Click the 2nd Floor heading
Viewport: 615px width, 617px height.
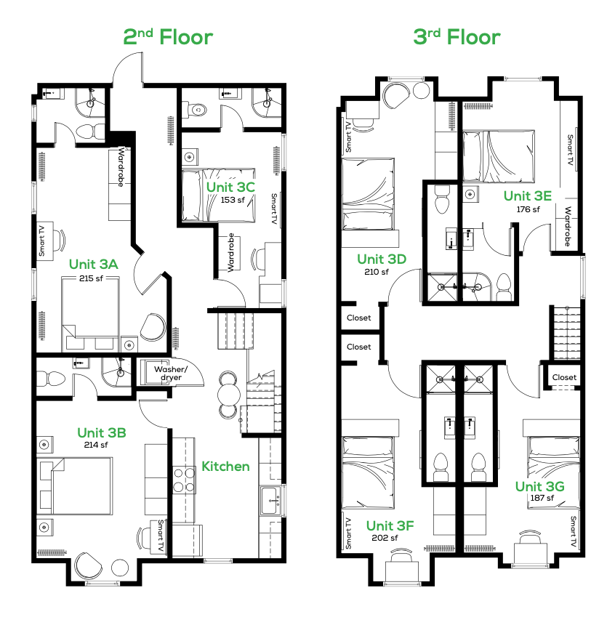click(168, 37)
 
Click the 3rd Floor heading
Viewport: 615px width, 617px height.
click(457, 37)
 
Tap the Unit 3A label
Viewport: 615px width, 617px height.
click(93, 264)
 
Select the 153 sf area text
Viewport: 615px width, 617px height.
click(233, 200)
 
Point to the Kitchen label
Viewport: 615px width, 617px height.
click(225, 467)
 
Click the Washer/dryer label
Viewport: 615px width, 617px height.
click(171, 373)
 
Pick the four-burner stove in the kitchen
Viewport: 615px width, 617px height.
click(184, 480)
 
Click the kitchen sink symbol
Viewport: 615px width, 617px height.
click(270, 501)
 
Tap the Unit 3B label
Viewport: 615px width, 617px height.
click(102, 433)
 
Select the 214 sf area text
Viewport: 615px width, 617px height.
click(96, 445)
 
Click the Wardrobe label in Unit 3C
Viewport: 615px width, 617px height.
click(231, 252)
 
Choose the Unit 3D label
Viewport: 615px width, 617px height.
click(382, 259)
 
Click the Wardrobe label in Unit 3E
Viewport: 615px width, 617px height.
click(568, 227)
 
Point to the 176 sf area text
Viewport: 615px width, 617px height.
click(528, 209)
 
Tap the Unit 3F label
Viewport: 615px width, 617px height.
click(390, 525)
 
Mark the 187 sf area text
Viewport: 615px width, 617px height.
click(542, 498)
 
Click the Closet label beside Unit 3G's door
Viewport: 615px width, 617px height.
click(564, 377)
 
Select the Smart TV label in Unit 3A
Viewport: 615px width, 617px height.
click(41, 241)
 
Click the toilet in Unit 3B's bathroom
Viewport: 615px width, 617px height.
click(51, 379)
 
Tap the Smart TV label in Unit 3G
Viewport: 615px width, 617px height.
click(574, 531)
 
